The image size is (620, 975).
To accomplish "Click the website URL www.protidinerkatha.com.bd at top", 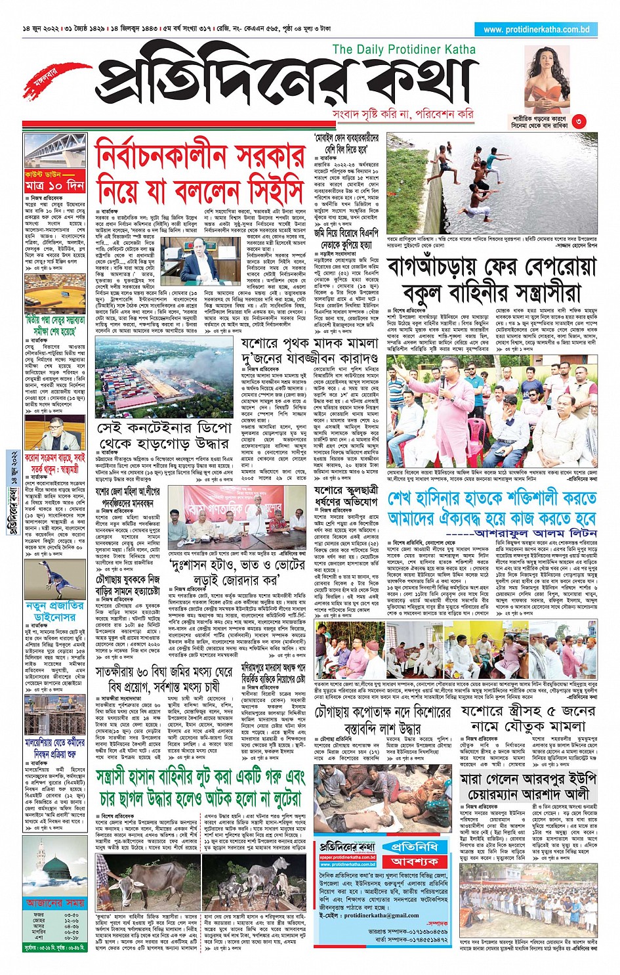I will pos(537,30).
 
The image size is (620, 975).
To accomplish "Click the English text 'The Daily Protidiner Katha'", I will pos(404,49).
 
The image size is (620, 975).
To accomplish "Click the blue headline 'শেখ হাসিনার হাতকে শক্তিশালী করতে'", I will pos(491,499).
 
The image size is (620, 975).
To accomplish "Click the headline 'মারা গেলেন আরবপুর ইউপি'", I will pos(528,779).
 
